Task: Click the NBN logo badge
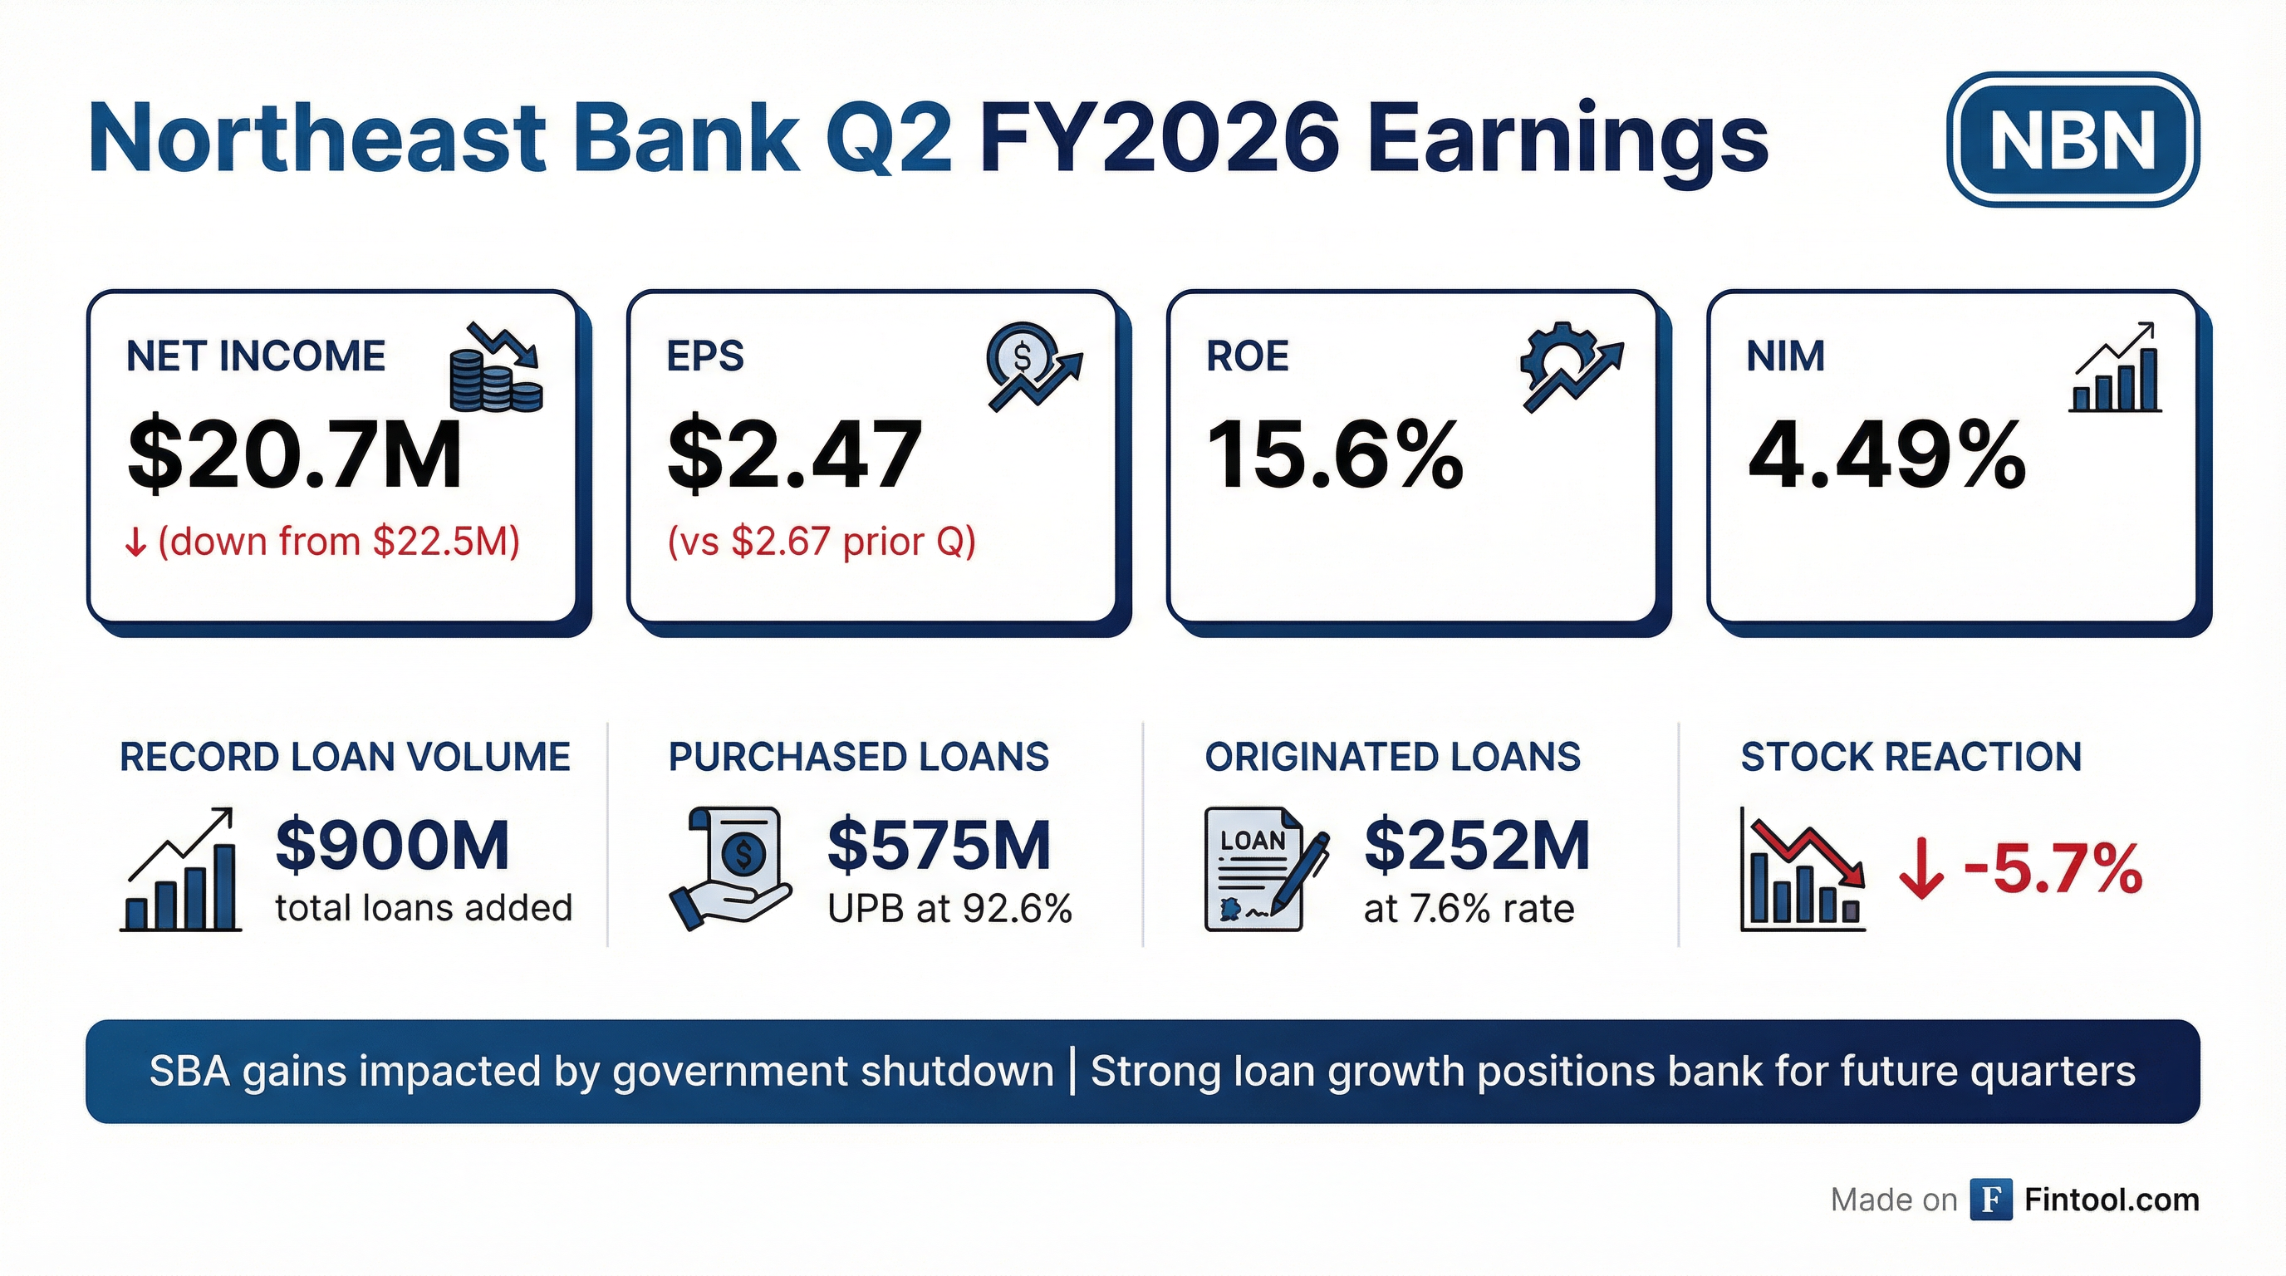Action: (x=2073, y=140)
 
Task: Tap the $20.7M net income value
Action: (x=295, y=455)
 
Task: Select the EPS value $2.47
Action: (x=794, y=455)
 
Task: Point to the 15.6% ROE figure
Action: (x=1335, y=455)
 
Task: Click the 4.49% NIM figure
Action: (x=1886, y=455)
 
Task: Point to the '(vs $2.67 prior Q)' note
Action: (x=822, y=542)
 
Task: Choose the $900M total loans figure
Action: (x=392, y=845)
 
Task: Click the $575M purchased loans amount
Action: (x=939, y=845)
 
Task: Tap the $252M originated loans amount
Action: (x=1477, y=845)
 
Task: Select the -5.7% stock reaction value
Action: (x=2053, y=869)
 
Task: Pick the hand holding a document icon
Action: (x=729, y=868)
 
